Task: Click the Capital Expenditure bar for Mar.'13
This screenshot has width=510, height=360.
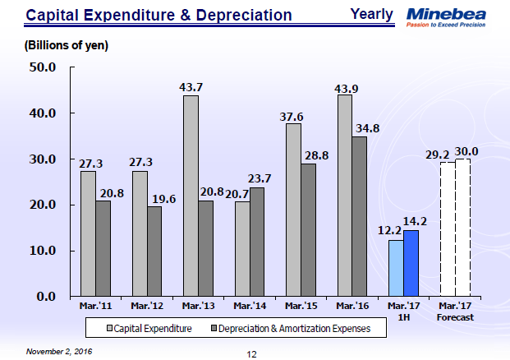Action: [x=191, y=196]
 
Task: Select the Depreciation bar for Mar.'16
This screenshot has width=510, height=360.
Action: [x=360, y=216]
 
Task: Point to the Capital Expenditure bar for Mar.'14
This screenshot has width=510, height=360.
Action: [x=241, y=248]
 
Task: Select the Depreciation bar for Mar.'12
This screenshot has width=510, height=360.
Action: [x=154, y=251]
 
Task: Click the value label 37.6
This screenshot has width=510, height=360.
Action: [x=293, y=117]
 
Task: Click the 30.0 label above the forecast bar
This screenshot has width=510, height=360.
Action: [x=466, y=151]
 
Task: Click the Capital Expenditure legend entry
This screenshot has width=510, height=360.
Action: [x=150, y=328]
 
